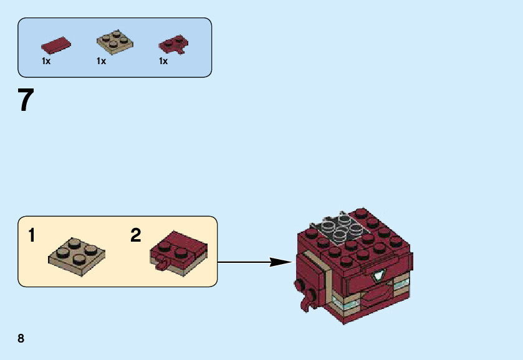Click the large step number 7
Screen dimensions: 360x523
click(26, 100)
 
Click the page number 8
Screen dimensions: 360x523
click(21, 338)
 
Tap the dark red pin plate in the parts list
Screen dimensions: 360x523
click(173, 44)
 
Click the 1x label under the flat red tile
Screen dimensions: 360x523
click(46, 62)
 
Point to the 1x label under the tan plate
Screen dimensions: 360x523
click(102, 62)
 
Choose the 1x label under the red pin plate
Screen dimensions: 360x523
click(163, 62)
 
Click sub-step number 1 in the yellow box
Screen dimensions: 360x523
click(32, 236)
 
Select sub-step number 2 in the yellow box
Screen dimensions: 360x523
click(136, 236)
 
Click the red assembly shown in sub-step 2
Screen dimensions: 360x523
click(179, 249)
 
